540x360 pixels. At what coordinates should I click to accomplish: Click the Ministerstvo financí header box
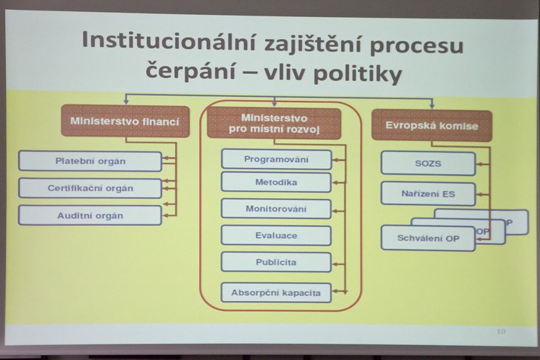pyautogui.click(x=125, y=121)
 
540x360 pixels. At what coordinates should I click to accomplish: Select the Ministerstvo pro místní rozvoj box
pyautogui.click(x=274, y=124)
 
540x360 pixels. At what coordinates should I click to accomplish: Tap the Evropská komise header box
pyautogui.click(x=432, y=125)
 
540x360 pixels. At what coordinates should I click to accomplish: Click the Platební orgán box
pyautogui.click(x=90, y=161)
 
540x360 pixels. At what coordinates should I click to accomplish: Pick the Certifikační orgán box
pyautogui.click(x=90, y=188)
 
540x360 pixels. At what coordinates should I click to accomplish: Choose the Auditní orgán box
pyautogui.click(x=90, y=215)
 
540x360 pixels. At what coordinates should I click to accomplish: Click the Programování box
pyautogui.click(x=276, y=159)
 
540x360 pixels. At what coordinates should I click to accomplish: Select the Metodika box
pyautogui.click(x=276, y=182)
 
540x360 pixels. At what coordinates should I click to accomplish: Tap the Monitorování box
pyautogui.click(x=276, y=209)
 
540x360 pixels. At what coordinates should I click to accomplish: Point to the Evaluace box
pyautogui.click(x=276, y=236)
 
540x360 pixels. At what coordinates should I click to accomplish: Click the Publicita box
pyautogui.click(x=276, y=262)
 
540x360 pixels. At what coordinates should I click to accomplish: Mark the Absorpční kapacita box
pyautogui.click(x=276, y=293)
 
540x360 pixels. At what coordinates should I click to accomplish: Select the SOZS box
pyautogui.click(x=428, y=163)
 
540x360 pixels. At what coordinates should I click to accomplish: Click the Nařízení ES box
pyautogui.click(x=428, y=194)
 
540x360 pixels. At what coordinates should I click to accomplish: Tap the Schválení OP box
pyautogui.click(x=428, y=238)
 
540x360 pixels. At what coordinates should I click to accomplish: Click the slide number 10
pyautogui.click(x=501, y=332)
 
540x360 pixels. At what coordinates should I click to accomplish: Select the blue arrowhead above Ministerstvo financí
pyautogui.click(x=126, y=102)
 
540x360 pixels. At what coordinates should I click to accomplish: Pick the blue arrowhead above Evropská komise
pyautogui.click(x=432, y=106)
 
